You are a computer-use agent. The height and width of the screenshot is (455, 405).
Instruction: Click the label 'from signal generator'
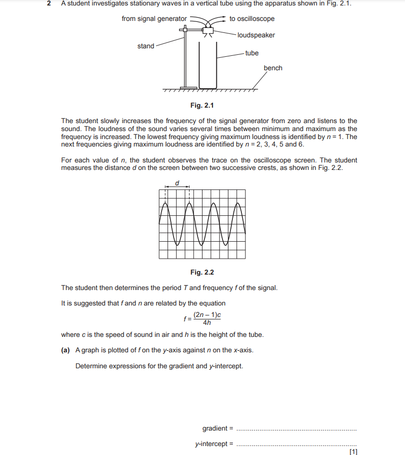click(154, 19)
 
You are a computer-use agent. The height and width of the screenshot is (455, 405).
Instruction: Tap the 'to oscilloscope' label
click(252, 19)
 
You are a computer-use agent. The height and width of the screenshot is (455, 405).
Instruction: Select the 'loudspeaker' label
click(256, 35)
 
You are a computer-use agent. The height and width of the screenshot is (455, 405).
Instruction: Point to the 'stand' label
click(146, 46)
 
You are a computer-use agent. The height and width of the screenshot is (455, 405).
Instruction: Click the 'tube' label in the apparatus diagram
click(252, 53)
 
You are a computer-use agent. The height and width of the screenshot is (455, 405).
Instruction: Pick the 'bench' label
click(273, 68)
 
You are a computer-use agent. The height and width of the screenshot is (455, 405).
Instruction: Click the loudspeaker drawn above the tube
click(207, 31)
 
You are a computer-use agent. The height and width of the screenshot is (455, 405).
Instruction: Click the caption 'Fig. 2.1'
click(202, 105)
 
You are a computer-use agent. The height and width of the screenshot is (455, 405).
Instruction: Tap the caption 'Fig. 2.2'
click(202, 272)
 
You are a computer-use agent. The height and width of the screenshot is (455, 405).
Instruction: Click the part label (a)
click(65, 350)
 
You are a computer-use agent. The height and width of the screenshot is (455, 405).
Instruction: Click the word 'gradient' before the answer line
click(214, 429)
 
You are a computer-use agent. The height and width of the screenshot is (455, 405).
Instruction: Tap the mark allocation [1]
click(354, 452)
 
